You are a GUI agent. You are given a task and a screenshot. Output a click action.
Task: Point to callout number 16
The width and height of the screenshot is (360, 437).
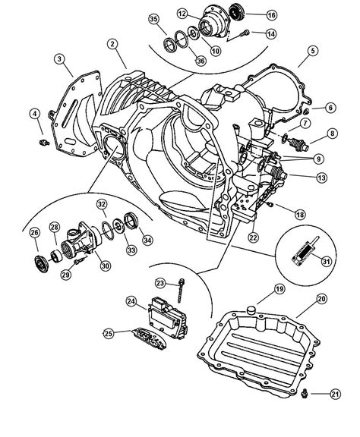[x=270, y=14]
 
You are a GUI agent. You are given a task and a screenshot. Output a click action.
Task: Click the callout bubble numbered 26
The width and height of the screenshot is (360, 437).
[x=34, y=232]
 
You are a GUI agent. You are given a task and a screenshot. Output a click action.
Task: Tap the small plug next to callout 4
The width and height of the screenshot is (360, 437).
[x=43, y=141]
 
